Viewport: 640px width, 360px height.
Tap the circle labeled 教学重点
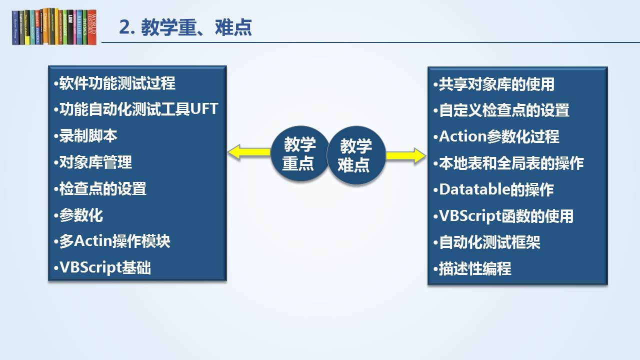click(299, 153)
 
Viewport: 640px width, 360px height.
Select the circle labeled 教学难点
click(356, 155)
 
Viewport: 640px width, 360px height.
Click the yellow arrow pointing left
click(249, 152)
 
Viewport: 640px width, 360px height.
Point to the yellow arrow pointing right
click(406, 155)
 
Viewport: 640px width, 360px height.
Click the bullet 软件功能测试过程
click(114, 83)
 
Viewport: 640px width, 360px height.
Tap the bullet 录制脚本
click(85, 135)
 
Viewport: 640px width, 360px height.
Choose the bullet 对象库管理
click(93, 162)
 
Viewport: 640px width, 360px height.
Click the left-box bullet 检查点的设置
click(100, 189)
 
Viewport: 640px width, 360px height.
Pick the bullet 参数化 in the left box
click(78, 215)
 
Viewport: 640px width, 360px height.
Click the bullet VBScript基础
click(102, 267)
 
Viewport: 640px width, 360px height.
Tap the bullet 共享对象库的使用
click(493, 84)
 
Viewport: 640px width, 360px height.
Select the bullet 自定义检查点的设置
click(501, 110)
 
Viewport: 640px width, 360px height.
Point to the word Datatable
click(474, 189)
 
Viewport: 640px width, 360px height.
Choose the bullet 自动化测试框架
click(486, 242)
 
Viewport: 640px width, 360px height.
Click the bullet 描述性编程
click(472, 268)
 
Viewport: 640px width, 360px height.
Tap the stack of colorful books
click(54, 27)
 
